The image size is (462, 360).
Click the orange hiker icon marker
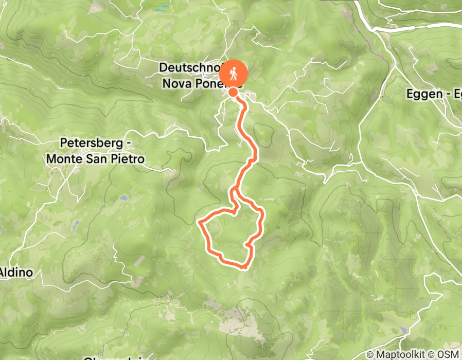(x=234, y=74)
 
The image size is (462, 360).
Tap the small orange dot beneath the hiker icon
(x=233, y=93)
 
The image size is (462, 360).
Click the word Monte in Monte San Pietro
(x=63, y=159)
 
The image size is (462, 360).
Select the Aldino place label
(x=17, y=272)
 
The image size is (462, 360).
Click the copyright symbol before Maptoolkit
(x=370, y=354)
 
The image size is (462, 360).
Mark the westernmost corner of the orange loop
(x=200, y=223)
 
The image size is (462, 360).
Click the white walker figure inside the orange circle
(x=234, y=74)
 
